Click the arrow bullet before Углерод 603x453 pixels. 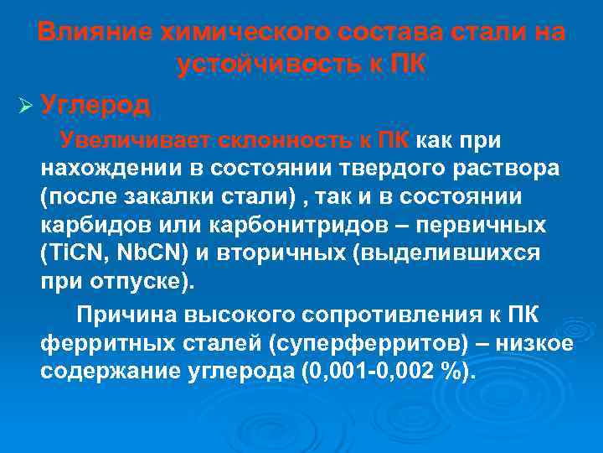pyautogui.click(x=23, y=106)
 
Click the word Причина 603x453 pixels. pyautogui.click(x=122, y=315)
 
